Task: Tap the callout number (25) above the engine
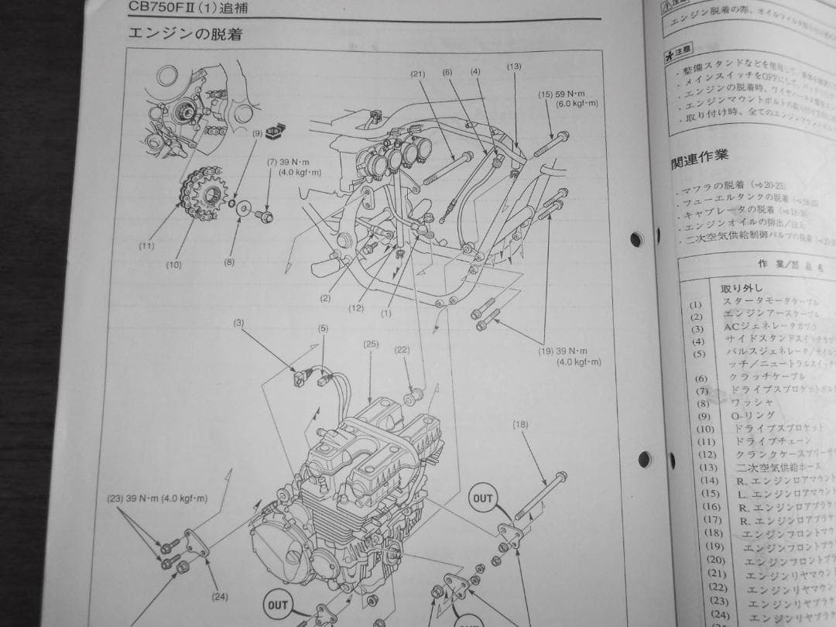[370, 344]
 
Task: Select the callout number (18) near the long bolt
[519, 424]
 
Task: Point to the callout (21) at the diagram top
[419, 74]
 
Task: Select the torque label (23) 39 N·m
[156, 499]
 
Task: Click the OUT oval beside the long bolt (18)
[482, 499]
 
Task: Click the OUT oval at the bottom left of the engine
[277, 605]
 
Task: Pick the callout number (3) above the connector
[238, 322]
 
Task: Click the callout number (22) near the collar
[401, 350]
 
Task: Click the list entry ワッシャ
[752, 403]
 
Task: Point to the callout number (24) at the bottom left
[219, 597]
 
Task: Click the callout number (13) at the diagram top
[514, 67]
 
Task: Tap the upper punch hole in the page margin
[636, 239]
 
